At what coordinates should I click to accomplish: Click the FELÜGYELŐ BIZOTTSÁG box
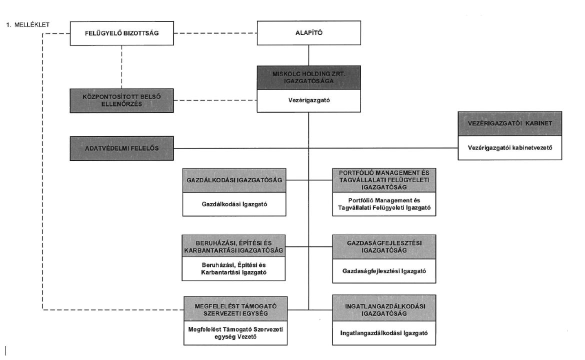121,33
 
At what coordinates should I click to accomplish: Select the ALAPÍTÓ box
309,33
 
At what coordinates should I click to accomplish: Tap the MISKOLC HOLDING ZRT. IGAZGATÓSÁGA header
309,77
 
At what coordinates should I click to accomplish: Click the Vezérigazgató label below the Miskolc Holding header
309,100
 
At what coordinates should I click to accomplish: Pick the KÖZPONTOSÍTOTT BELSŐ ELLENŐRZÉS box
121,100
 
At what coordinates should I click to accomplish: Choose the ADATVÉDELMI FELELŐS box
121,148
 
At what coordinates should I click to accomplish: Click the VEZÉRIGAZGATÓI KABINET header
510,123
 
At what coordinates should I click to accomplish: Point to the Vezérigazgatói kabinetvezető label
510,147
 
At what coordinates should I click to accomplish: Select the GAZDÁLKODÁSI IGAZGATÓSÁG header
234,180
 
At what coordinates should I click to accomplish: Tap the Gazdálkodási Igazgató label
234,204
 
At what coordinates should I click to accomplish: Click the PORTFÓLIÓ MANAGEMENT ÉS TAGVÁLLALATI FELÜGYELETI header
384,180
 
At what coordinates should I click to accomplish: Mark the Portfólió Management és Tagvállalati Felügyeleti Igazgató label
384,204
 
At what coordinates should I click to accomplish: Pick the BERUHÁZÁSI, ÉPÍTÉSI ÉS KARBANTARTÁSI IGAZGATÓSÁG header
233,246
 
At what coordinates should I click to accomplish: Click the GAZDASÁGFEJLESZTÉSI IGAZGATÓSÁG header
384,246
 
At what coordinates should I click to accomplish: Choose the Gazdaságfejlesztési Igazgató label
384,271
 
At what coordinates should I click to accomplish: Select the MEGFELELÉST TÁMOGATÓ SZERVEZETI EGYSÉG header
235,309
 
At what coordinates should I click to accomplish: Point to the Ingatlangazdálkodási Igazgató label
384,333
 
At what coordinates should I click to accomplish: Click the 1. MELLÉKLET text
28,24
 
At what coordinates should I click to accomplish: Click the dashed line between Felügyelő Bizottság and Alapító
215,33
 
